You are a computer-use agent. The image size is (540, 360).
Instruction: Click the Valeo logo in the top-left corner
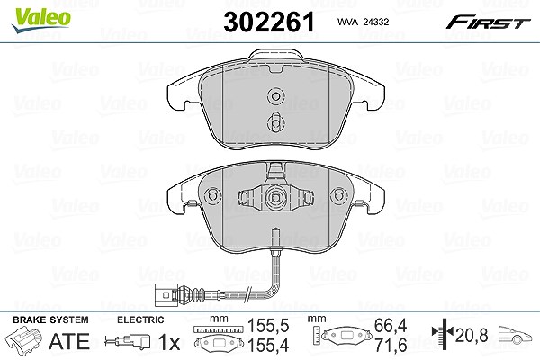tap(41, 21)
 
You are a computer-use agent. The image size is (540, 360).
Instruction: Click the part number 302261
tap(269, 22)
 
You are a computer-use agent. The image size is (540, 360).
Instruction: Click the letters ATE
tap(69, 341)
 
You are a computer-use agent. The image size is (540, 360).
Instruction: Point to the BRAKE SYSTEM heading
tap(50, 319)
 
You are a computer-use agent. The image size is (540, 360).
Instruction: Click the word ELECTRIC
tap(140, 319)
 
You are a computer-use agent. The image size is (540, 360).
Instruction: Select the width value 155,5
tap(268, 326)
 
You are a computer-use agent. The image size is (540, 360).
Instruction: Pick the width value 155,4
tap(268, 345)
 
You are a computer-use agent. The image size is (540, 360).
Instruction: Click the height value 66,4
tap(391, 326)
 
